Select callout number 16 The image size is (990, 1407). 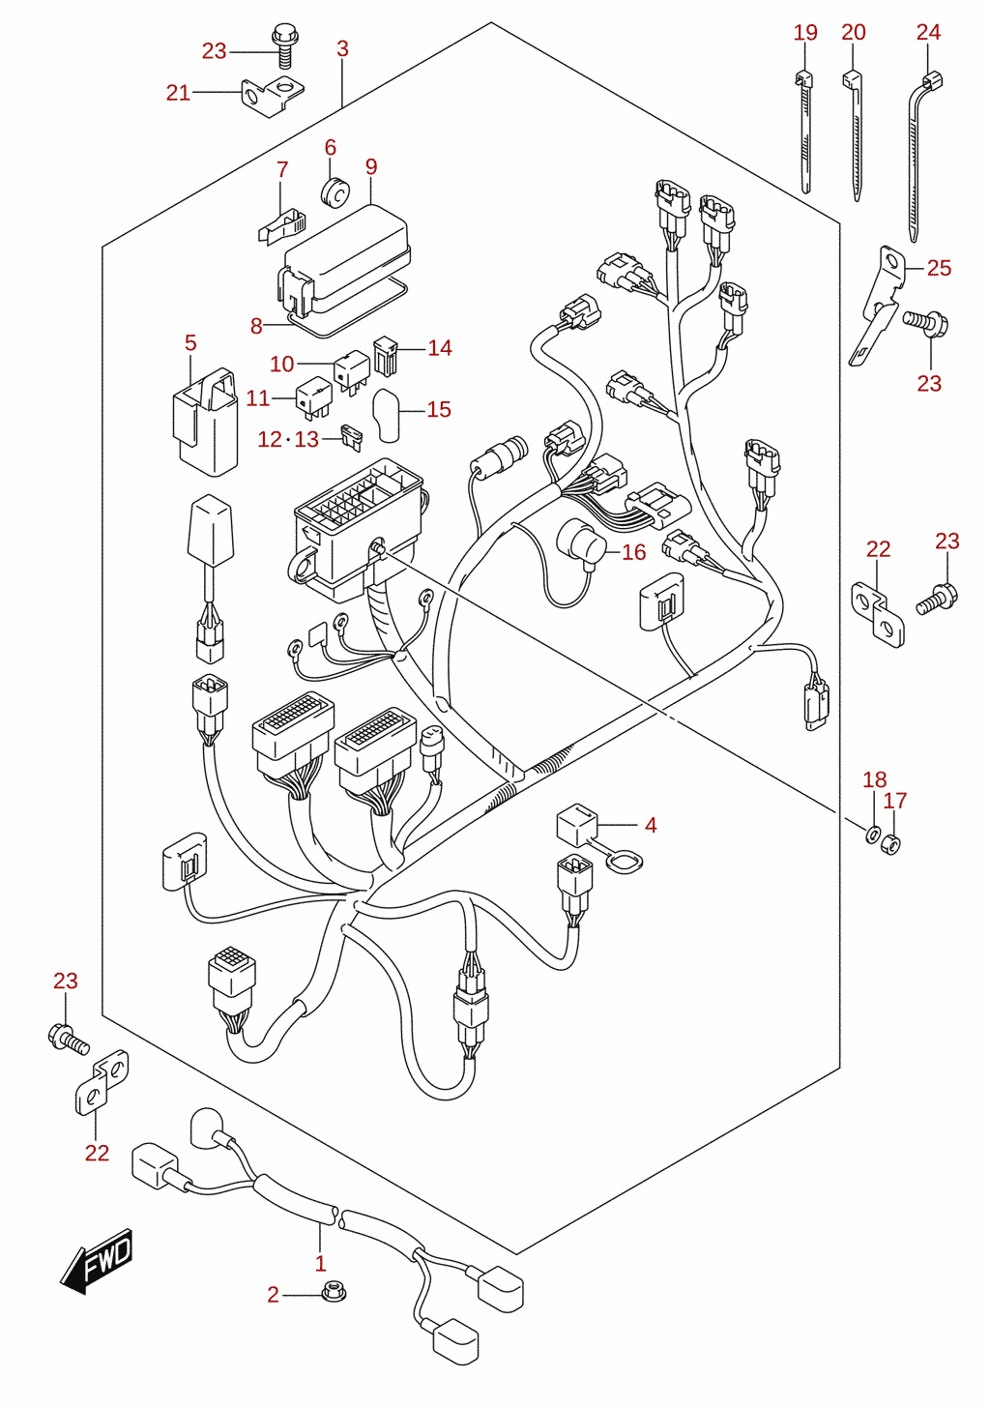click(634, 552)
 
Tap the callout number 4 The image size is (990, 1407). click(651, 825)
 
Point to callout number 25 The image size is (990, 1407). click(939, 268)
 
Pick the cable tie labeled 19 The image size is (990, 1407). click(803, 132)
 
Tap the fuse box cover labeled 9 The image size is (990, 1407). click(344, 259)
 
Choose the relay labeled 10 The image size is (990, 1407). click(351, 370)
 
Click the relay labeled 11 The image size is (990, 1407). click(314, 398)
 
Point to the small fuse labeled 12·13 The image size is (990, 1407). click(352, 438)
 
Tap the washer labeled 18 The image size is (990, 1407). click(872, 835)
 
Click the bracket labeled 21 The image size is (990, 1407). click(273, 95)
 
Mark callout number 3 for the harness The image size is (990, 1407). click(342, 49)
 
